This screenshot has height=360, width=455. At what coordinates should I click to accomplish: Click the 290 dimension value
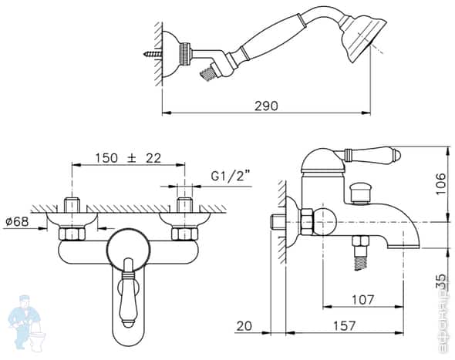point(265,105)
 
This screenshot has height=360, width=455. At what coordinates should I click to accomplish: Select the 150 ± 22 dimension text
point(128,157)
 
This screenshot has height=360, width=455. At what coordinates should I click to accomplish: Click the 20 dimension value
point(245,326)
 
